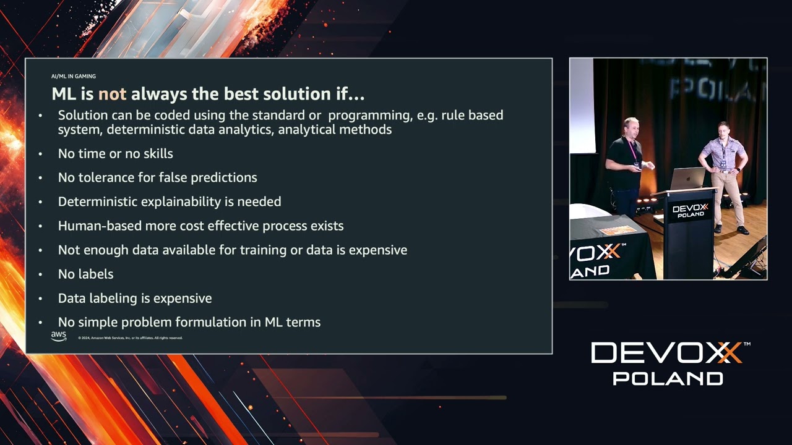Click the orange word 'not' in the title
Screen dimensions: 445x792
(x=112, y=94)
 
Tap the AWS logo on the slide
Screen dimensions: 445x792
(x=59, y=336)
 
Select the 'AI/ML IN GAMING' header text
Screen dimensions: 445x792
(x=73, y=77)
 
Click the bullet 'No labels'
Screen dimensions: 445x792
(x=85, y=274)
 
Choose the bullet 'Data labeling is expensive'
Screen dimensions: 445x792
(x=134, y=298)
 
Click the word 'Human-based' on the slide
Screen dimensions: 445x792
(x=100, y=226)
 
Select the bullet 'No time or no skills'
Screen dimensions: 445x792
(x=115, y=153)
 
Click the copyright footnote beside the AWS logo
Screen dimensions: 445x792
(x=130, y=338)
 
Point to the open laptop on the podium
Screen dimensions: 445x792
(x=687, y=178)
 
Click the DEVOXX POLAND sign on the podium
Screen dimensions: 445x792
(x=691, y=211)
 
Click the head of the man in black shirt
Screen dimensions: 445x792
(x=631, y=126)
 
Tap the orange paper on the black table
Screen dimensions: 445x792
(x=617, y=231)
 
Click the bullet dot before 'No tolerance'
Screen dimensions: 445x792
(x=41, y=178)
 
